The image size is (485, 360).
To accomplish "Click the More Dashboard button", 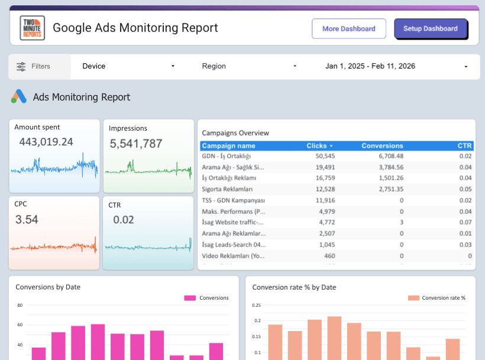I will point(348,28).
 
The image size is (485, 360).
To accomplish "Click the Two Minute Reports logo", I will point(32,28).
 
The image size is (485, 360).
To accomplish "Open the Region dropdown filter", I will point(248,66).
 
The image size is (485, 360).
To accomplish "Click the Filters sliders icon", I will point(21,66).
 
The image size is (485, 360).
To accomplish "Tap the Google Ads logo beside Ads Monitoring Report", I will point(18,97).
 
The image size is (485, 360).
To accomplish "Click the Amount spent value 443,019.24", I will point(46,142).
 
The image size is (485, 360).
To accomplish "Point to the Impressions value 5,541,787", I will point(135,143).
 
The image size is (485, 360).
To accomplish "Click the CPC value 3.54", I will point(27,220).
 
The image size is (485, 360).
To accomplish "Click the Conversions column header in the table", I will point(382,145).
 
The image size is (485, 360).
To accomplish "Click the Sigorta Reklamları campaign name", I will point(227,189).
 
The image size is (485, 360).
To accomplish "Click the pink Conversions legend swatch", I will point(189,298).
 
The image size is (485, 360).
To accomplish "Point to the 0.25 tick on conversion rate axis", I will point(256,306).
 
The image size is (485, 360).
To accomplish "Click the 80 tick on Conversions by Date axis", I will point(20,306).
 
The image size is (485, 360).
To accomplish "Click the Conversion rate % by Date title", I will point(294,287).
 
